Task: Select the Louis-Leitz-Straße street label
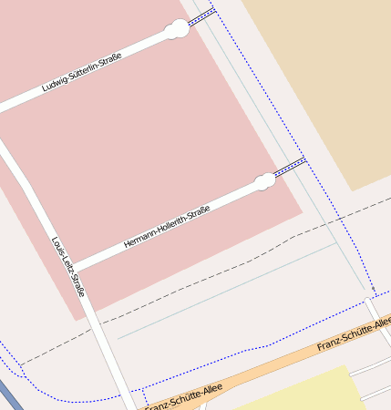coord(68,267)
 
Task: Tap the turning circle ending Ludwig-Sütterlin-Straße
coord(177,30)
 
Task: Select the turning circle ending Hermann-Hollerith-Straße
coord(265,180)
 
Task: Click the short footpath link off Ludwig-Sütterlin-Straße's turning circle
coord(202,16)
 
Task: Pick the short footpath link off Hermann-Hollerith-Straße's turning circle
coord(290,167)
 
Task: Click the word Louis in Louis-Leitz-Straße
coord(57,245)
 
